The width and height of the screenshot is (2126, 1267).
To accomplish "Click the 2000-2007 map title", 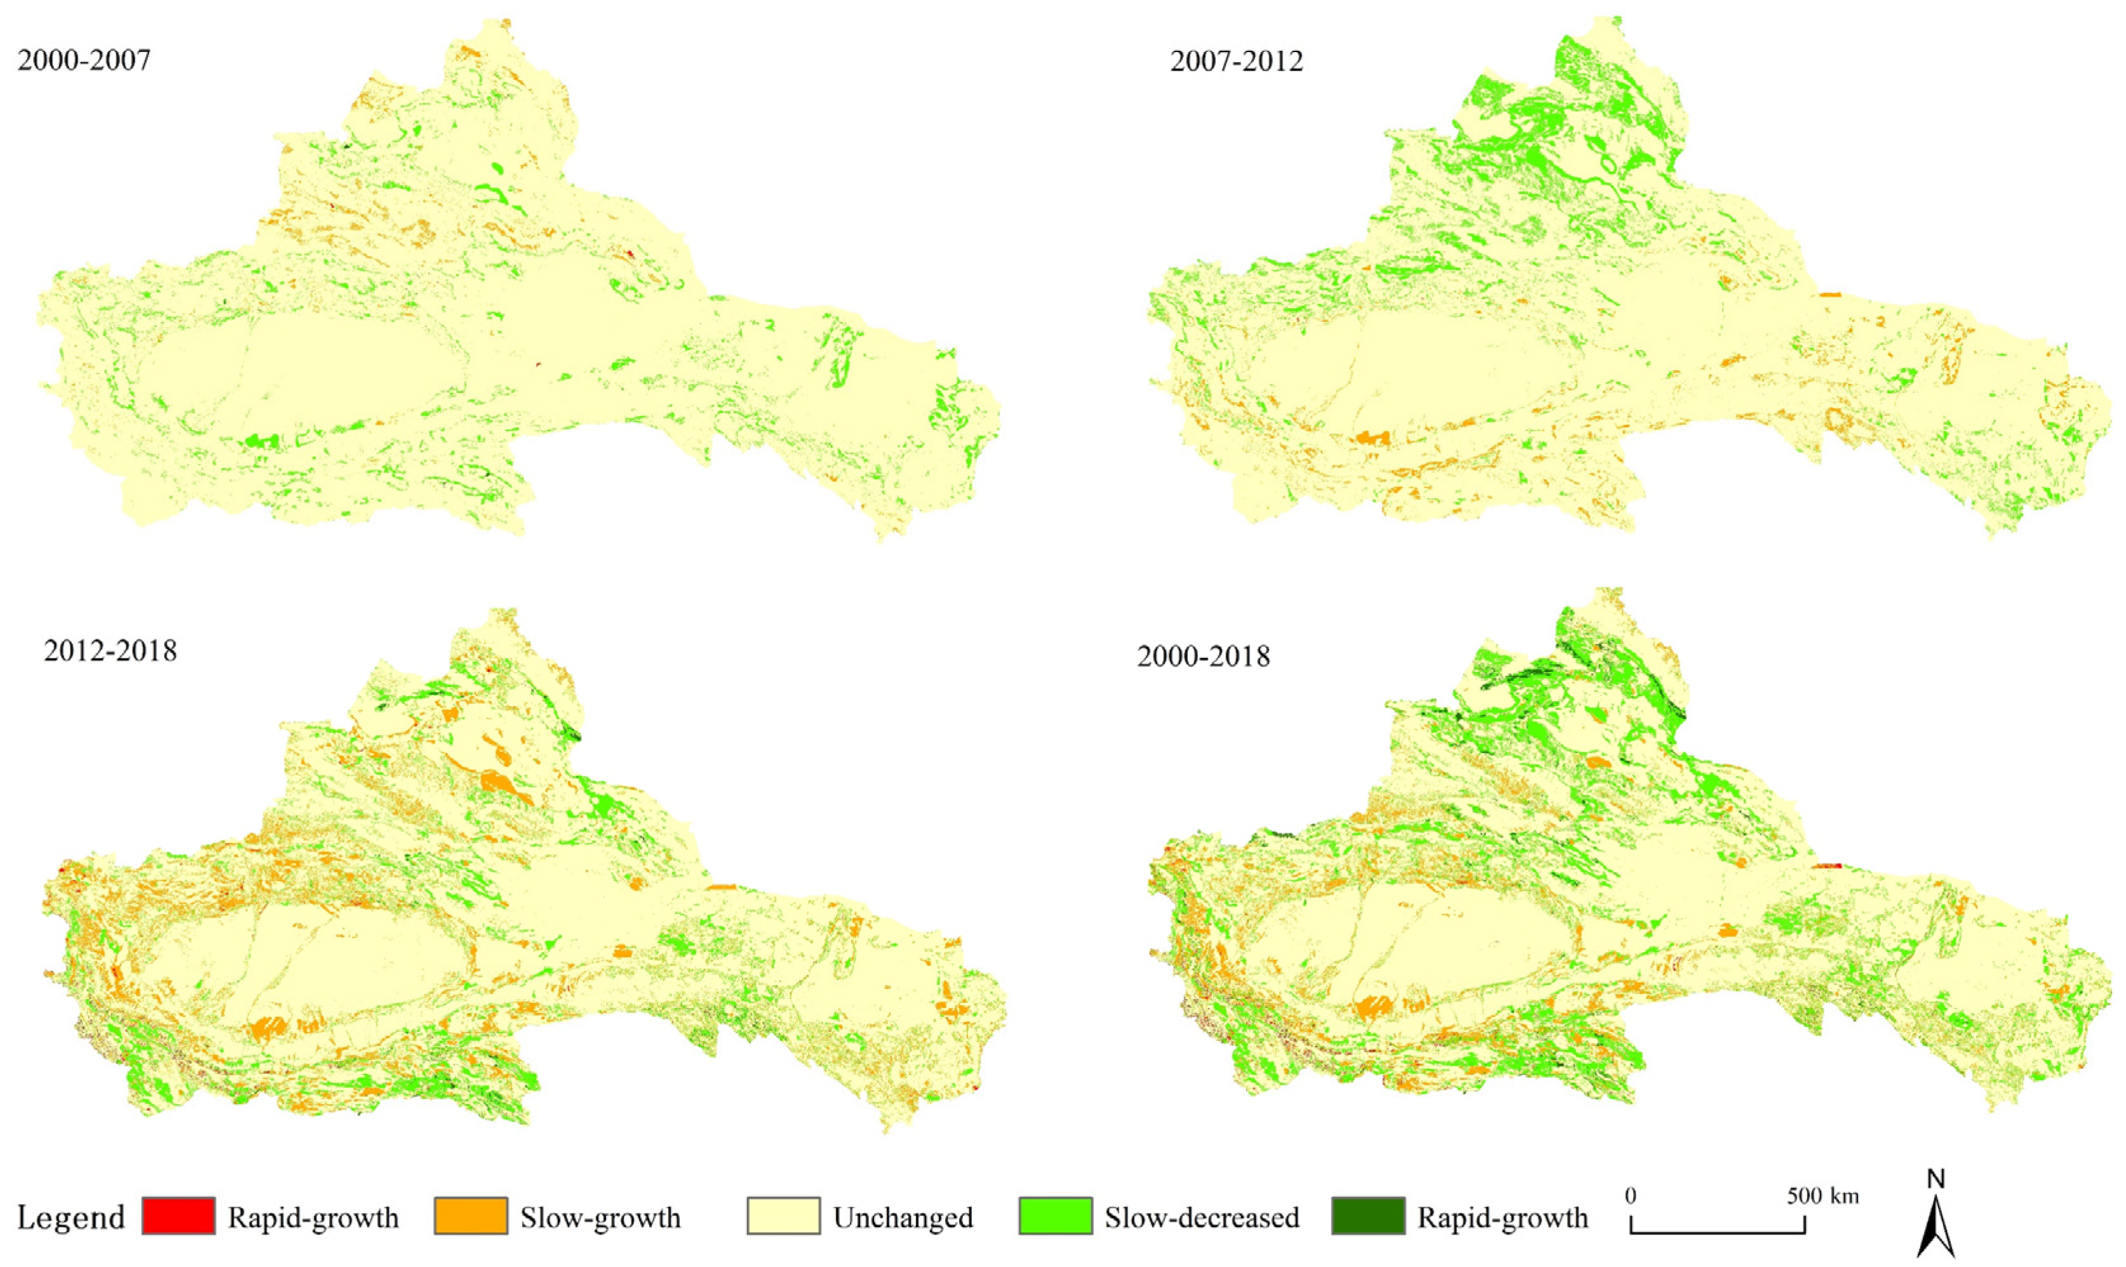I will pyautogui.click(x=84, y=62).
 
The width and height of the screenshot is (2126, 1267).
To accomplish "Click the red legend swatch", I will pyautogui.click(x=178, y=1217).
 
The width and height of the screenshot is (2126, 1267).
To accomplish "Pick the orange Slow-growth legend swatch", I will pyautogui.click(x=471, y=1217).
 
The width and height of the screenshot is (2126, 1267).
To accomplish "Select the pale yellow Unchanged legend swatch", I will pyautogui.click(x=783, y=1217).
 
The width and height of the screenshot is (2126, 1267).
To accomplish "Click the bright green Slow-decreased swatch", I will pyautogui.click(x=1055, y=1217).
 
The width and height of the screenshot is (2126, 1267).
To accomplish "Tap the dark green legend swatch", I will pyautogui.click(x=1367, y=1217).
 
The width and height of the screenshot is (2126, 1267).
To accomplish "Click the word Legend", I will pyautogui.click(x=71, y=1217).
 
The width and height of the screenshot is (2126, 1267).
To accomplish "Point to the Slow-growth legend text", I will pyautogui.click(x=600, y=1217).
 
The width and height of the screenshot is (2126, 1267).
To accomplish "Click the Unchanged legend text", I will pyautogui.click(x=903, y=1217).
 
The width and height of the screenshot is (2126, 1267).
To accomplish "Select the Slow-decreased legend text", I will pyautogui.click(x=1201, y=1217).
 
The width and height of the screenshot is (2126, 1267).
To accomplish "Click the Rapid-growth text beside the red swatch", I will pyautogui.click(x=313, y=1217).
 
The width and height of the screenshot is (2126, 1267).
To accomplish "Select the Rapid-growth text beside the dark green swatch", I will pyautogui.click(x=1503, y=1217).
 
